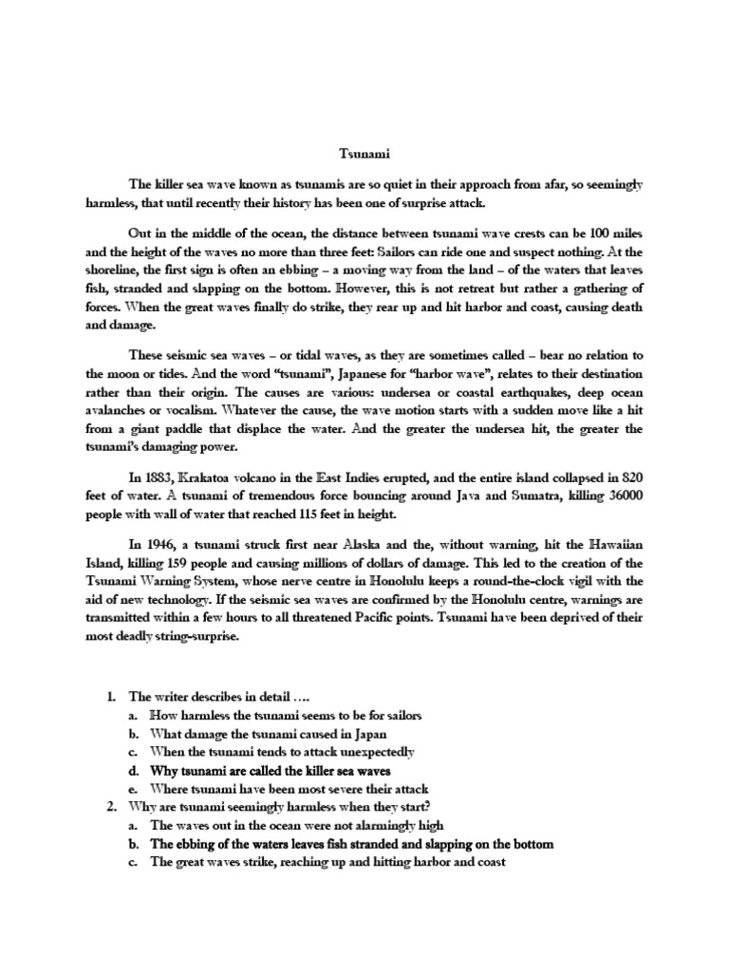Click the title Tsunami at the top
[364, 151]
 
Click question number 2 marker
[112, 807]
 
